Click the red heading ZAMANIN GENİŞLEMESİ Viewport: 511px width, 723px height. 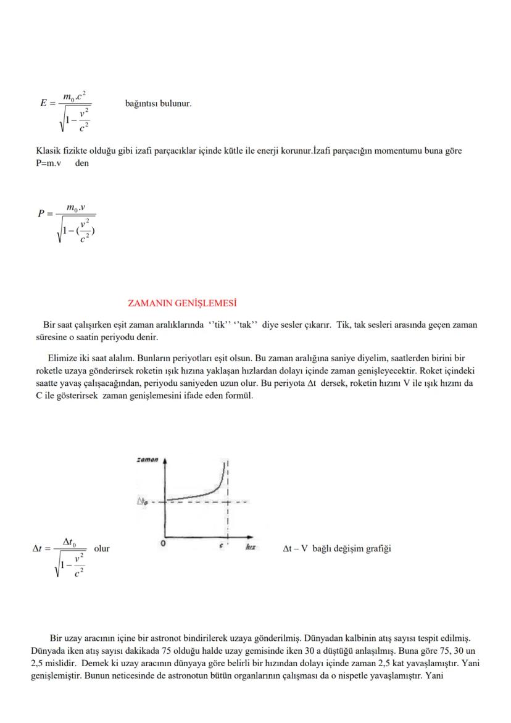182,303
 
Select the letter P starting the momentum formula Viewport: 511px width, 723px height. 42,214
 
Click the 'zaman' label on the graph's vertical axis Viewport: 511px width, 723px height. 147,460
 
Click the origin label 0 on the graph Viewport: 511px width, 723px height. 162,544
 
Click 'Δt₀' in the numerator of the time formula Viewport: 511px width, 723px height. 69,542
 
